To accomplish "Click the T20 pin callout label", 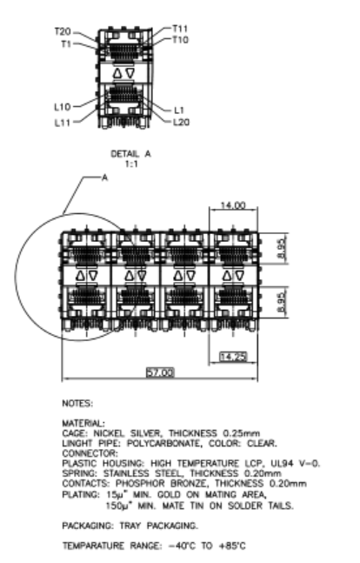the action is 63,31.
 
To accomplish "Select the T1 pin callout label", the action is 66,44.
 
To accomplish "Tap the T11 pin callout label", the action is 180,29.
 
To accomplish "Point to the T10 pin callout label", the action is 180,40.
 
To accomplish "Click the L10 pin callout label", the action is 63,107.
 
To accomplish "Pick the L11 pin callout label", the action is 62,123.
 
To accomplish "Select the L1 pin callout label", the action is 179,110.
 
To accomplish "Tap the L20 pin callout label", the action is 181,122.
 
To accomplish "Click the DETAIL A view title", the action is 130,154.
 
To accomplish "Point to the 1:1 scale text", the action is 131,164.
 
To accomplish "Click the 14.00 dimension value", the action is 233,205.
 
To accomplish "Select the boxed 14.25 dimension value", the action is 233,357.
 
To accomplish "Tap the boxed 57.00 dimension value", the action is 160,372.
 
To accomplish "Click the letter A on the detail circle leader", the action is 104,178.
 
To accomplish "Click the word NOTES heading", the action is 77,404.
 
